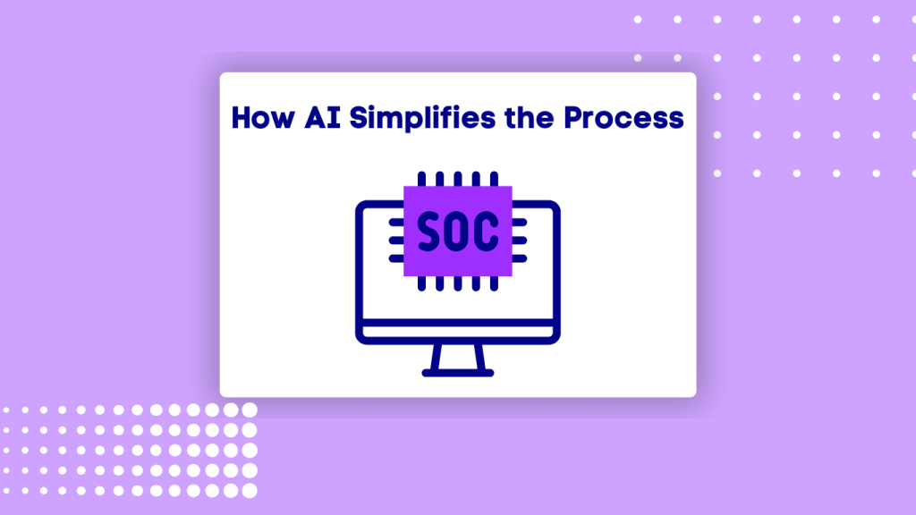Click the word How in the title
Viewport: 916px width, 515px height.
point(263,117)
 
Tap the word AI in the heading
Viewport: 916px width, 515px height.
point(322,117)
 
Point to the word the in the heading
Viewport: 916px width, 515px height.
point(530,117)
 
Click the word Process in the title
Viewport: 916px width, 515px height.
point(623,117)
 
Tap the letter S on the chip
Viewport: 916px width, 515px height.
point(428,232)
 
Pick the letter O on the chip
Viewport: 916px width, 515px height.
point(457,232)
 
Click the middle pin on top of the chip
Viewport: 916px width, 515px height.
point(458,179)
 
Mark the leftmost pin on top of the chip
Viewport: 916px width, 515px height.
point(422,179)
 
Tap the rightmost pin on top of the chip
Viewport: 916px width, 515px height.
point(494,179)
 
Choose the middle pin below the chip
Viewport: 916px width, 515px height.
point(458,283)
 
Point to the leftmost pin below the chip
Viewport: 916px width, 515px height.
point(422,283)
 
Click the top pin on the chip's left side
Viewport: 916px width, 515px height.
point(396,223)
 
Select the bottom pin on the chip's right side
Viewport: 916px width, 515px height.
point(520,258)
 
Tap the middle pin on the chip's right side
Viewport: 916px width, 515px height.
point(520,240)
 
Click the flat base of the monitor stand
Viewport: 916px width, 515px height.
point(458,373)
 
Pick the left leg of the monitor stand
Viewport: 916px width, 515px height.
point(436,357)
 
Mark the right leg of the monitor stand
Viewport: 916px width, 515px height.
point(480,357)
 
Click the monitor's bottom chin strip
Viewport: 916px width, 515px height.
point(458,332)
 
